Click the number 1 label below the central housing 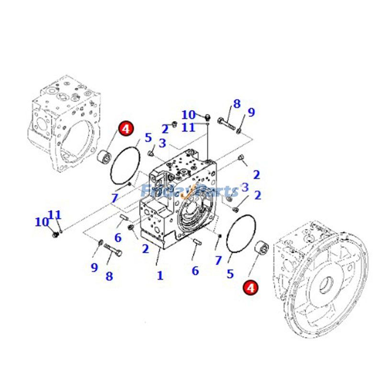pyautogui.click(x=160, y=276)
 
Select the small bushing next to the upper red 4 pyautogui.click(x=105, y=157)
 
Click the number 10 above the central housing pyautogui.click(x=188, y=115)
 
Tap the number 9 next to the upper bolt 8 pyautogui.click(x=251, y=113)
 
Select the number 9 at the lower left pyautogui.click(x=94, y=268)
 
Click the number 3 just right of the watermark pyautogui.click(x=245, y=187)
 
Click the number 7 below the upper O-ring pyautogui.click(x=114, y=198)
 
